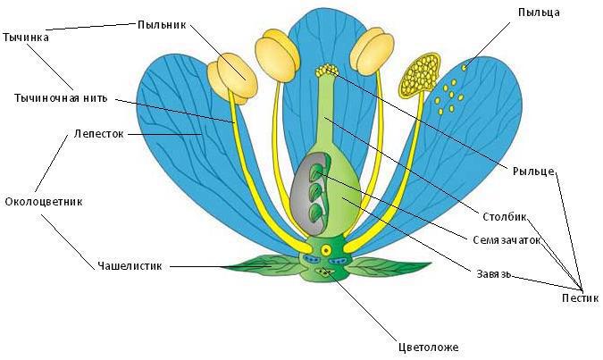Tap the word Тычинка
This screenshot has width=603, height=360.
24,39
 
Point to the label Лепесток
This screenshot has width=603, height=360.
99,135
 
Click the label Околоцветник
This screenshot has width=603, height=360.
44,201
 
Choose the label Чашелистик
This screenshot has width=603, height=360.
131,265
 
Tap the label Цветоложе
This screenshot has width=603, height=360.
430,347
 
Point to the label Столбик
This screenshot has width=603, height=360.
507,216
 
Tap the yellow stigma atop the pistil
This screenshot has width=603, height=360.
329,71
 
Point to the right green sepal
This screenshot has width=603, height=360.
393,264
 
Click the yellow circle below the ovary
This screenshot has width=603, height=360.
326,248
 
